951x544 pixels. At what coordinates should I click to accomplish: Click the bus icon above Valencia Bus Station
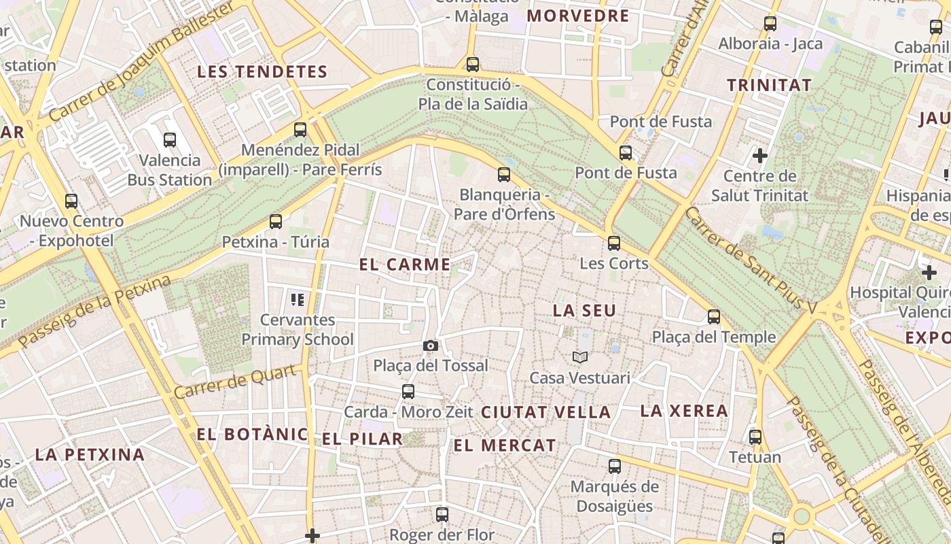[x=170, y=140]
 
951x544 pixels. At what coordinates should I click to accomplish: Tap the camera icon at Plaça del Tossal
[x=430, y=345]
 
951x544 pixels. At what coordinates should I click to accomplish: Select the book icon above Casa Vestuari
[x=580, y=357]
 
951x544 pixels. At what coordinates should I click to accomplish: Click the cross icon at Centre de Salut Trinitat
[x=760, y=156]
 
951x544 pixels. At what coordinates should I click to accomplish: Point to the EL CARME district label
[x=405, y=265]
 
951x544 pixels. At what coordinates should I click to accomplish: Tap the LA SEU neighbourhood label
[x=584, y=311]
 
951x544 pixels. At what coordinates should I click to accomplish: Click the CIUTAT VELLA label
[x=546, y=412]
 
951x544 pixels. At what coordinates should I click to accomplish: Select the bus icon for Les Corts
[x=614, y=243]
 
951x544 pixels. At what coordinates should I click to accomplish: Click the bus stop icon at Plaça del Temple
[x=714, y=316]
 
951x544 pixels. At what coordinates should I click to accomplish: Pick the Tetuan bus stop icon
[x=755, y=437]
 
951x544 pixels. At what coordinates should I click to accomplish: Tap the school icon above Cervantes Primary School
[x=297, y=299]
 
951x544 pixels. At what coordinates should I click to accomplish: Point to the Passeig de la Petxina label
[x=95, y=311]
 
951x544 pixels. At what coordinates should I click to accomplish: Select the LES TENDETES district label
[x=262, y=71]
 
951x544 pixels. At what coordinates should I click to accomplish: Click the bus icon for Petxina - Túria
[x=276, y=221]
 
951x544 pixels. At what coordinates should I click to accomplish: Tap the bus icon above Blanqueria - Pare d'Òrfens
[x=504, y=174]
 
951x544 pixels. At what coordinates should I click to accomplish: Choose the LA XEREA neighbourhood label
[x=684, y=411]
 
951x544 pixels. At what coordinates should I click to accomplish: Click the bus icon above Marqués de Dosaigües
[x=615, y=466]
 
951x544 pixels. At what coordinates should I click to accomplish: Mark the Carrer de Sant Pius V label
[x=751, y=260]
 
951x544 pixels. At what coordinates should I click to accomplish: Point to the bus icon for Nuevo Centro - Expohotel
[x=71, y=201]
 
